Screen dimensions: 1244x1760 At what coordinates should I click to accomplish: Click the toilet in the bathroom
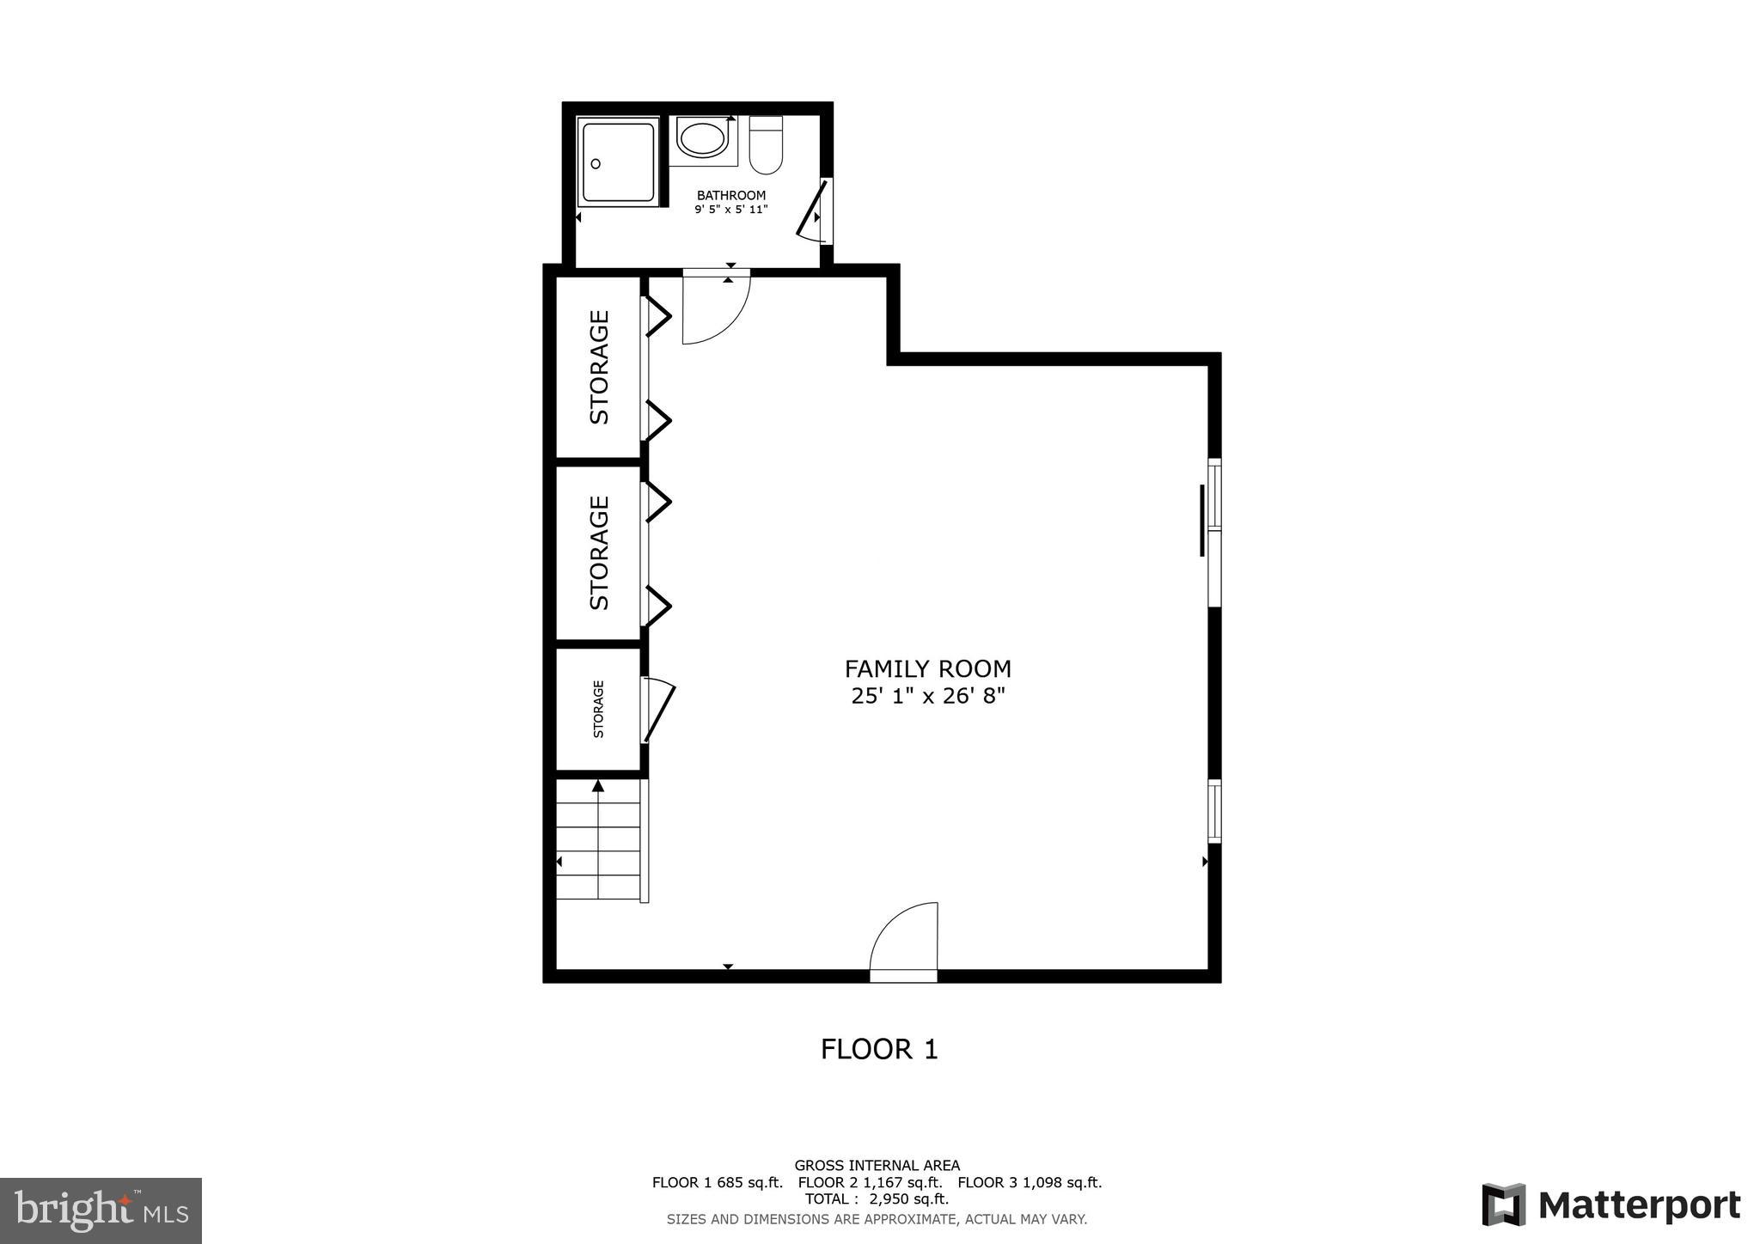766,145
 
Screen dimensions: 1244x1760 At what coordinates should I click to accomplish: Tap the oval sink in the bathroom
702,139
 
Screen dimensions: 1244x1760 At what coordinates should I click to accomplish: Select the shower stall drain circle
596,163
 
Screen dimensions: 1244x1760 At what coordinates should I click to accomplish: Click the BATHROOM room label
730,196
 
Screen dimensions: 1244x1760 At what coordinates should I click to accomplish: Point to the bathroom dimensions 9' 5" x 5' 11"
730,210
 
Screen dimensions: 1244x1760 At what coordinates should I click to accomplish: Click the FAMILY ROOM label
927,668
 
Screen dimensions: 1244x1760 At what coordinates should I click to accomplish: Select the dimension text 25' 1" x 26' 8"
927,696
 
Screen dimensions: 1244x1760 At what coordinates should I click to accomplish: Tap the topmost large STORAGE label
599,367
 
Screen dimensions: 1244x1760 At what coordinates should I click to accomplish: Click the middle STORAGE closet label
599,552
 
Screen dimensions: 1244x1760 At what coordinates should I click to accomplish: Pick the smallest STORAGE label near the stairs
599,709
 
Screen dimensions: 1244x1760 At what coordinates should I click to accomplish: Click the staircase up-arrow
598,785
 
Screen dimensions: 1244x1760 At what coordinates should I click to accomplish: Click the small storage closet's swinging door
659,710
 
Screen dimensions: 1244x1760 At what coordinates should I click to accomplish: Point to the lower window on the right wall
1214,810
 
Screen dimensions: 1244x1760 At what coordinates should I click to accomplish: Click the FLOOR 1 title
879,1049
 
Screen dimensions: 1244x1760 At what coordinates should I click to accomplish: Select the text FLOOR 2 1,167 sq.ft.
870,1182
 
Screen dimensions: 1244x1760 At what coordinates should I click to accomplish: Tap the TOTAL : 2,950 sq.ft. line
877,1198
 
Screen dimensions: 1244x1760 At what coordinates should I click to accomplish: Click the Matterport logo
1610,1204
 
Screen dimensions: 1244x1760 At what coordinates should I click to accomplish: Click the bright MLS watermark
101,1210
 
